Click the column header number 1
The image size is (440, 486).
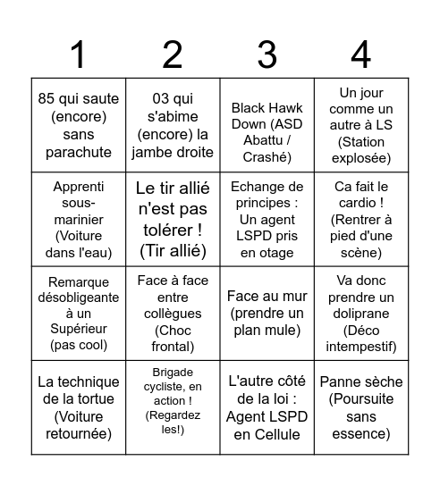click(x=78, y=55)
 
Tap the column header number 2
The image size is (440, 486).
click(x=173, y=55)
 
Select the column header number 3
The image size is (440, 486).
click(x=267, y=55)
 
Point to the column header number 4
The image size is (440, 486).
click(x=360, y=55)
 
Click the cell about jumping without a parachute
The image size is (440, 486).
click(x=79, y=125)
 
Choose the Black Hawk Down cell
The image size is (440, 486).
click(x=267, y=125)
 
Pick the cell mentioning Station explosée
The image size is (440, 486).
click(x=360, y=125)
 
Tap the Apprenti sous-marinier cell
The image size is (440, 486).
click(x=79, y=219)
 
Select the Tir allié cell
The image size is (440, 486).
click(x=173, y=219)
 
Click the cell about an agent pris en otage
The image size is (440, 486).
click(x=267, y=219)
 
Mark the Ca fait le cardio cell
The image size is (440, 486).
click(x=360, y=219)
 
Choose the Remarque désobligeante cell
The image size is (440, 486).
click(x=79, y=314)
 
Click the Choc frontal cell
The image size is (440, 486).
click(x=173, y=314)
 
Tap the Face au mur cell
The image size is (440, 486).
click(x=267, y=314)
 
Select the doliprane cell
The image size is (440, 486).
click(x=360, y=314)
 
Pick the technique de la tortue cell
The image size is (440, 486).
click(x=79, y=407)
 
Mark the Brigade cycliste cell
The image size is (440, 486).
click(x=173, y=407)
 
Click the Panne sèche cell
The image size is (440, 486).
click(x=360, y=407)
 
